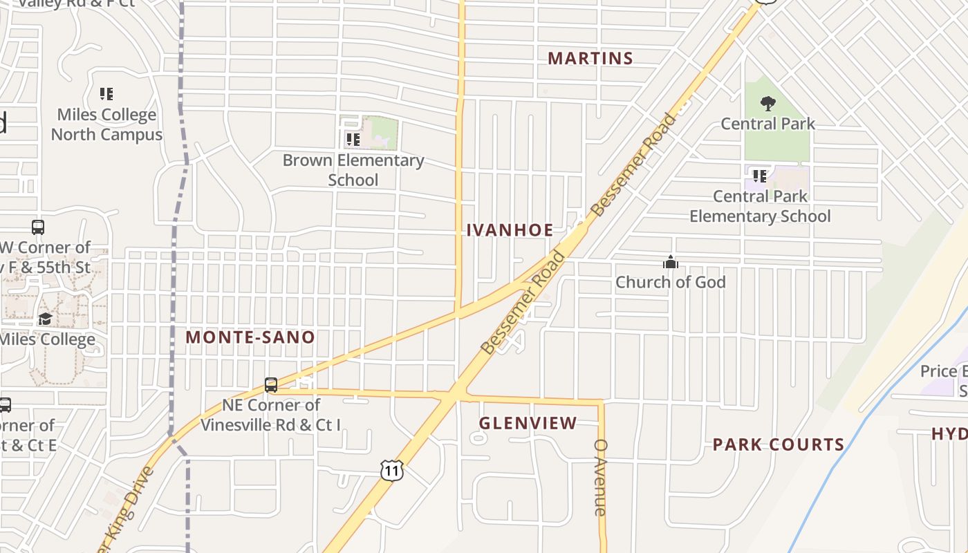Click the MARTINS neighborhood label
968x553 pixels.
[590, 59]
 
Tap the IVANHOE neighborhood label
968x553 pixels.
[510, 230]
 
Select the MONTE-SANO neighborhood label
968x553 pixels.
[250, 337]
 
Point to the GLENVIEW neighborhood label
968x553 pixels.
[528, 423]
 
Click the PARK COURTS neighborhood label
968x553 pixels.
[779, 444]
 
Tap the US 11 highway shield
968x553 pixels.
[391, 471]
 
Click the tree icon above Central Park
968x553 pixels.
[767, 104]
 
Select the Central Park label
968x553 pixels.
[768, 124]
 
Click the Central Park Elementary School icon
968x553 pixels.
[760, 176]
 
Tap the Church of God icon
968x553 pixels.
[670, 263]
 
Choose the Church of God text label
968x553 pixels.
[671, 282]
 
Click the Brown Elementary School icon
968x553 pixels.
[353, 140]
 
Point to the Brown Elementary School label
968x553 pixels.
[353, 170]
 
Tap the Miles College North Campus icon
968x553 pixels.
[106, 94]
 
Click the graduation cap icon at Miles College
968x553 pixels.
[45, 319]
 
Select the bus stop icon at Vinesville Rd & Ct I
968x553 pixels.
[271, 385]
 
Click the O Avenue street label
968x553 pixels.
[600, 477]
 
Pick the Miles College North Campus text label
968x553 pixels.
[106, 124]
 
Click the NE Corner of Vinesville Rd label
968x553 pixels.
[271, 415]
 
